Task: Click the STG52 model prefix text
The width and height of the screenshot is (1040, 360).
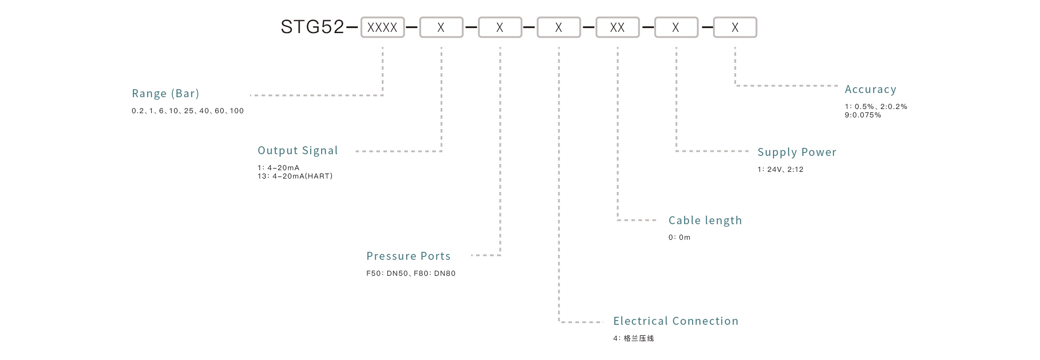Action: point(312,27)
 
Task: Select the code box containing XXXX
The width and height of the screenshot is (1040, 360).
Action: point(382,28)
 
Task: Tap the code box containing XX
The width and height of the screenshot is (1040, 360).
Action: point(617,28)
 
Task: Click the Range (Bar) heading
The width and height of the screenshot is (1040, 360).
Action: point(166,93)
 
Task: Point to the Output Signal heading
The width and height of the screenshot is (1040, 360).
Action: point(298,150)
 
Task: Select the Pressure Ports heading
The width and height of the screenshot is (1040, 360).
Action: point(408,256)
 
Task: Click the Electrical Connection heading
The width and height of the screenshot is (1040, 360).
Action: point(675,321)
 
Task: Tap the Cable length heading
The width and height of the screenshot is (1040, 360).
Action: point(705,220)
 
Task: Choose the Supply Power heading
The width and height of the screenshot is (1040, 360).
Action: point(796,152)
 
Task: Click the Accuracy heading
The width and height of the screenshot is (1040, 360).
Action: point(870,89)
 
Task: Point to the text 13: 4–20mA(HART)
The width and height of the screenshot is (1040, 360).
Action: point(295,176)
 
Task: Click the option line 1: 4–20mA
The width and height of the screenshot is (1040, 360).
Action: point(278,168)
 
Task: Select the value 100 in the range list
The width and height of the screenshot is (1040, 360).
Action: point(236,111)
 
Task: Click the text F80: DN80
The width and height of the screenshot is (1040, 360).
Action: point(435,274)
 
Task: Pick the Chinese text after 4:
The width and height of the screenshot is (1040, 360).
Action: point(639,338)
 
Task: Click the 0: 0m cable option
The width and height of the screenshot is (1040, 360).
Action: point(679,238)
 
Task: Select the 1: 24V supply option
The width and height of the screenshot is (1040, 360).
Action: point(769,170)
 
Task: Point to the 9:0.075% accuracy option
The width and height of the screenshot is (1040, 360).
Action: point(863,115)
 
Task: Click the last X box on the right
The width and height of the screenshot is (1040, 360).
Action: point(735,28)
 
